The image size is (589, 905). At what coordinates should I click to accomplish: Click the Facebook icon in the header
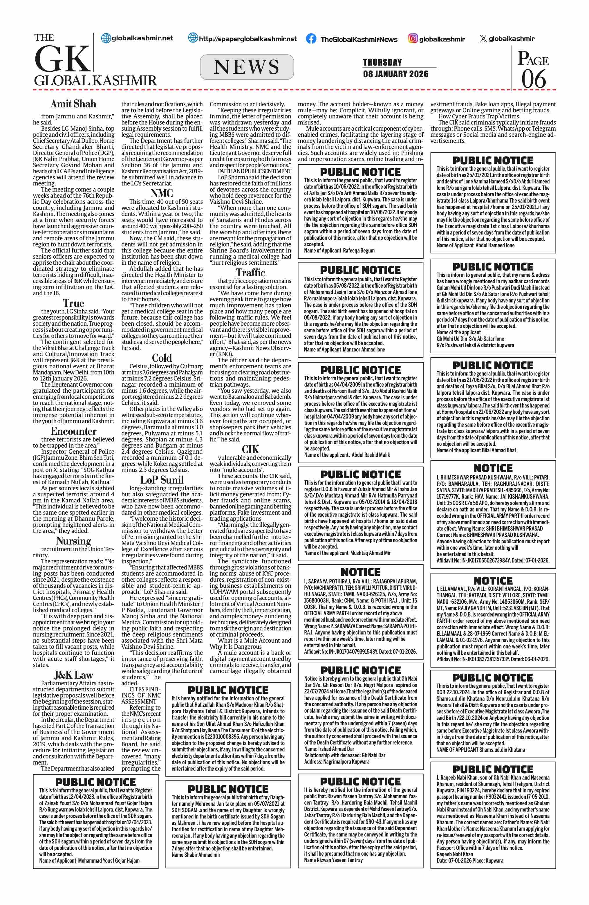(311, 39)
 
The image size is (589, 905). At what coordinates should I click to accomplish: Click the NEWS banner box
(247, 67)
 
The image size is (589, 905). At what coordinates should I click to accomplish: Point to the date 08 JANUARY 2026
(395, 74)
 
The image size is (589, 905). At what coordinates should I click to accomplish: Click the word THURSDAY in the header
(382, 62)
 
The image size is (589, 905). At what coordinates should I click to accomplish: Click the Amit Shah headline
(73, 104)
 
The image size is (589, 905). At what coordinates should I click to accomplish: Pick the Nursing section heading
(73, 541)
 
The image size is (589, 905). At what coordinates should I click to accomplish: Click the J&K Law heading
(73, 675)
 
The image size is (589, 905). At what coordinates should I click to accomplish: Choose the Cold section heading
(162, 358)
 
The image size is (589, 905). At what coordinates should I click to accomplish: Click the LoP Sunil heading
(162, 480)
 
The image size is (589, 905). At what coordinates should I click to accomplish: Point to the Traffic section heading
(250, 272)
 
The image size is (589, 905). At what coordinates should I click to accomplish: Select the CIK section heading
(250, 449)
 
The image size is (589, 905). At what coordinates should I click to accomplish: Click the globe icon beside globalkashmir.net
(106, 38)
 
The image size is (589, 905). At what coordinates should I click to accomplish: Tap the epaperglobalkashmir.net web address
(247, 39)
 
